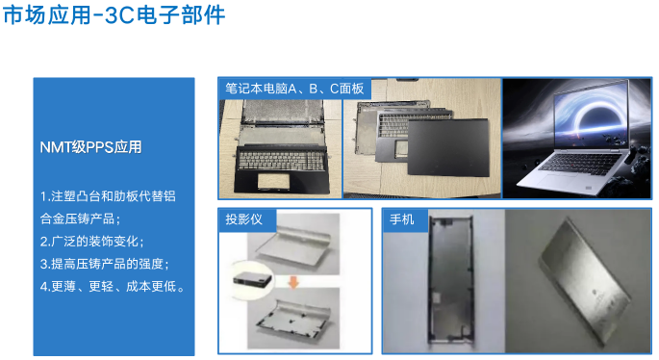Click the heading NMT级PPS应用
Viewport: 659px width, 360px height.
coord(89,147)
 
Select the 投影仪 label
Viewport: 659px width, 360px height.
coord(244,219)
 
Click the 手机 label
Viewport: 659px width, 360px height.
coord(401,219)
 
